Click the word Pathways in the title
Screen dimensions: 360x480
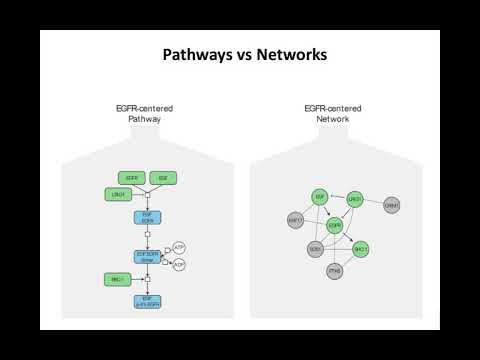tap(195, 55)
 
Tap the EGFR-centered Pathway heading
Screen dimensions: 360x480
tap(145, 113)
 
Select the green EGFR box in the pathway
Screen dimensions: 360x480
tap(131, 177)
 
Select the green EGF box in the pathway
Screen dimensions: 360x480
tap(163, 177)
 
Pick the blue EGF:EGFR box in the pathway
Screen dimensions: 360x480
tap(147, 217)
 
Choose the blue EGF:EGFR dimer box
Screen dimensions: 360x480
tap(147, 256)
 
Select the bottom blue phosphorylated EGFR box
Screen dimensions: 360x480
tap(147, 299)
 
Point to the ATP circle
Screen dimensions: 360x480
tap(179, 247)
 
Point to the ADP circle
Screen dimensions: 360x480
tap(179, 264)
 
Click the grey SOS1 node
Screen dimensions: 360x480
tap(315, 248)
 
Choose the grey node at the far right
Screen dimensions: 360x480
tap(392, 205)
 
